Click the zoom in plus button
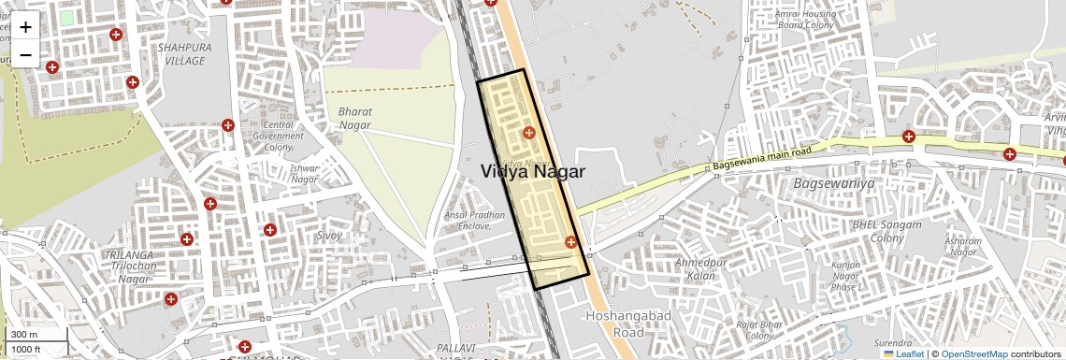[x=25, y=26]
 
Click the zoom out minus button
[x=25, y=54]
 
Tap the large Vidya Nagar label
[x=533, y=172]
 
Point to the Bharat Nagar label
[x=355, y=118]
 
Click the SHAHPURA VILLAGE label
[x=180, y=53]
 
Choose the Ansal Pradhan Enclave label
[x=475, y=221]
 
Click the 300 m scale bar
[x=25, y=334]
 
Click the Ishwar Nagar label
[x=305, y=174]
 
